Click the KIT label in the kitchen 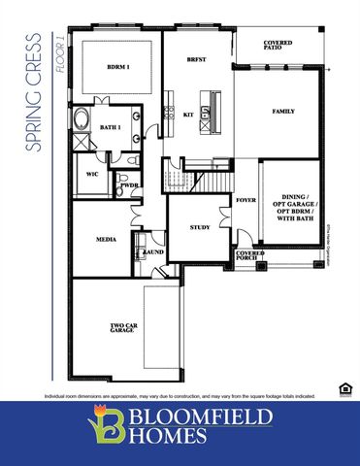click(x=188, y=115)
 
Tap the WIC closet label click(x=92, y=175)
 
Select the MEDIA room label click(x=107, y=238)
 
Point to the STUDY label click(x=200, y=227)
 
